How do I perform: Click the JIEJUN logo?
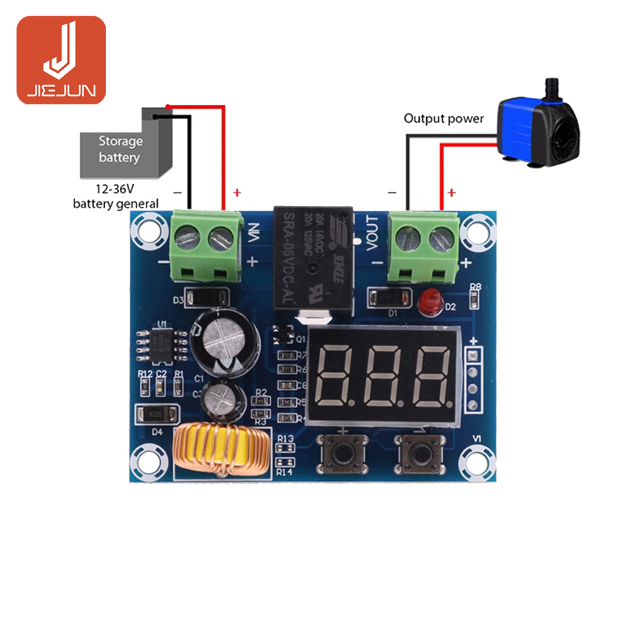point(61,60)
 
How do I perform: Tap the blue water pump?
point(538,128)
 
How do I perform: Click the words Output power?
point(443,119)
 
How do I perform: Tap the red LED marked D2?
point(428,304)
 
